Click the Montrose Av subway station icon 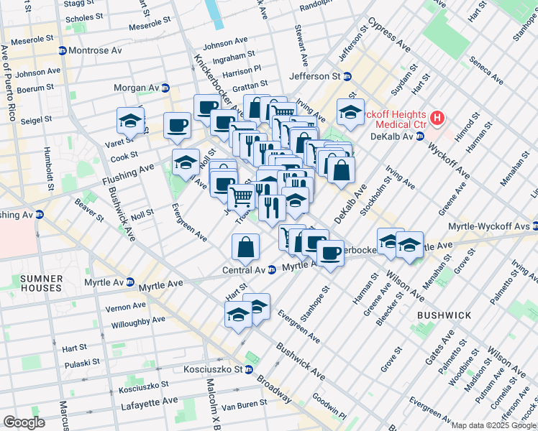[63, 51]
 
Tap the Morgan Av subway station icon [165, 88]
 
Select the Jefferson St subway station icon [347, 76]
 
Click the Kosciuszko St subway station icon [248, 369]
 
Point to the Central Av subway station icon [272, 270]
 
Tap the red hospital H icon [436, 117]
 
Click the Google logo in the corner [24, 422]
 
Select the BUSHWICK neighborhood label [444, 315]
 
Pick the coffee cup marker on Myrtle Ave [330, 254]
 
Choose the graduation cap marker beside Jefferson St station [350, 113]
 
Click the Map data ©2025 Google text [493, 425]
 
